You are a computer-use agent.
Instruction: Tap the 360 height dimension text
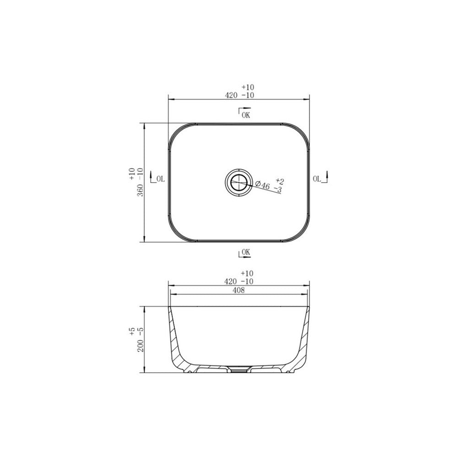pyautogui.click(x=141, y=190)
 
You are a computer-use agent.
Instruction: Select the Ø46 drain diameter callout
pyautogui.click(x=262, y=185)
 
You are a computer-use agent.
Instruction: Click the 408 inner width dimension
pyautogui.click(x=239, y=290)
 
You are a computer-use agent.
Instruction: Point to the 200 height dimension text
pyautogui.click(x=141, y=346)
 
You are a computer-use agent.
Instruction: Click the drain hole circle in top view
pyautogui.click(x=239, y=183)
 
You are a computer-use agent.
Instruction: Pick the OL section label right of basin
pyautogui.click(x=317, y=179)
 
